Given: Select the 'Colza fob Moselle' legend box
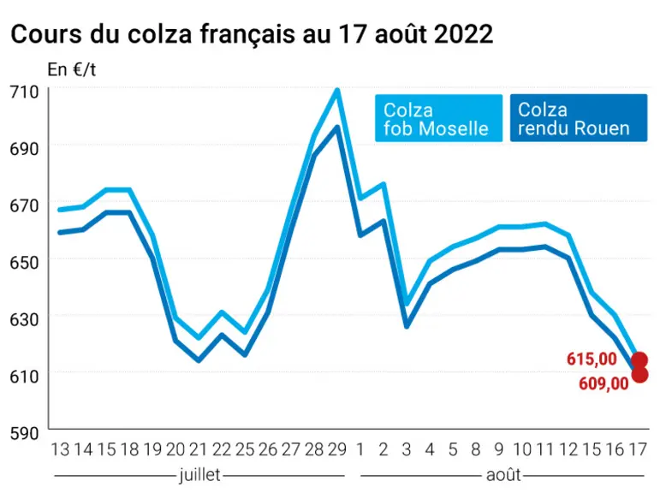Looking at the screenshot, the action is coord(438,118).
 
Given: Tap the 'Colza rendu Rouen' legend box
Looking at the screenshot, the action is coord(579,118).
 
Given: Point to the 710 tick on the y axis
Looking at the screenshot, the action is coord(24,92).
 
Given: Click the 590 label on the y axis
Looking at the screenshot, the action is coord(24,433).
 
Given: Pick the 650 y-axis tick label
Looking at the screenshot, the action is coord(24,262).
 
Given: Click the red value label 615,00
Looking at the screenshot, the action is coord(592,359).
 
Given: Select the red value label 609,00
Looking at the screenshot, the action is coord(604,383).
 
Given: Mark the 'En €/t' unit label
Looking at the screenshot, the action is coord(72,69).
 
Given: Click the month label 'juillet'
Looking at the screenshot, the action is coord(199,475).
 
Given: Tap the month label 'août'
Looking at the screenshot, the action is coord(503,475).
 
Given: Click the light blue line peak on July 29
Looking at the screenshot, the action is coord(337,90).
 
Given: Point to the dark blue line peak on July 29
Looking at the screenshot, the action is coord(336,127).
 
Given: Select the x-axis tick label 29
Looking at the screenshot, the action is coord(336,449).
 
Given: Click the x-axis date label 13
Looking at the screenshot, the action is coord(60,449).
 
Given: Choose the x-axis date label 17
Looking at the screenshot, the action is coord(637,449).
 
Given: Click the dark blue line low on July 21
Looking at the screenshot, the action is coord(199,360).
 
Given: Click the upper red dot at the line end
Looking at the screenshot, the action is coord(639,360).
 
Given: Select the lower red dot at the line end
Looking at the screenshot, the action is coord(639,375).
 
